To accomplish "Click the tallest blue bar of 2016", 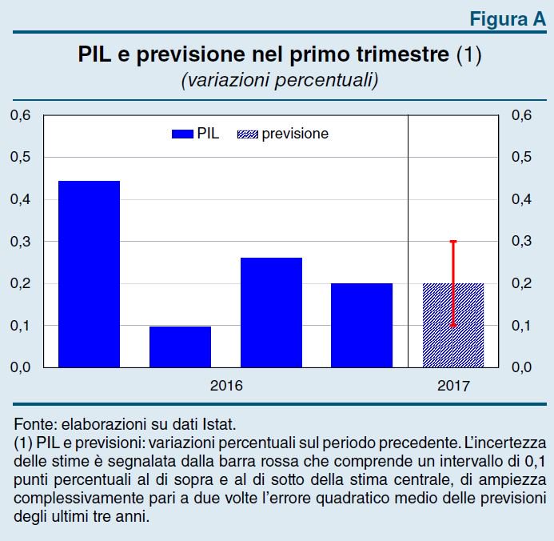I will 89,274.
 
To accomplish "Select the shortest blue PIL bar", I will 180,347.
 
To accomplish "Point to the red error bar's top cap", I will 453,241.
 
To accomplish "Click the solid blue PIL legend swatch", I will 183,134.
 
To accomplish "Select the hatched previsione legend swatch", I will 248,134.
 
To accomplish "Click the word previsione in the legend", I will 295,134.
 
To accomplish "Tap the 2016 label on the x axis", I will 226,385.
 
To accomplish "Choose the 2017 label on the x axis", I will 453,385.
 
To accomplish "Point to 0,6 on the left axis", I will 21,116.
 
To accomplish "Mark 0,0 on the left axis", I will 21,367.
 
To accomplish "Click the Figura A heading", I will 507,20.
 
